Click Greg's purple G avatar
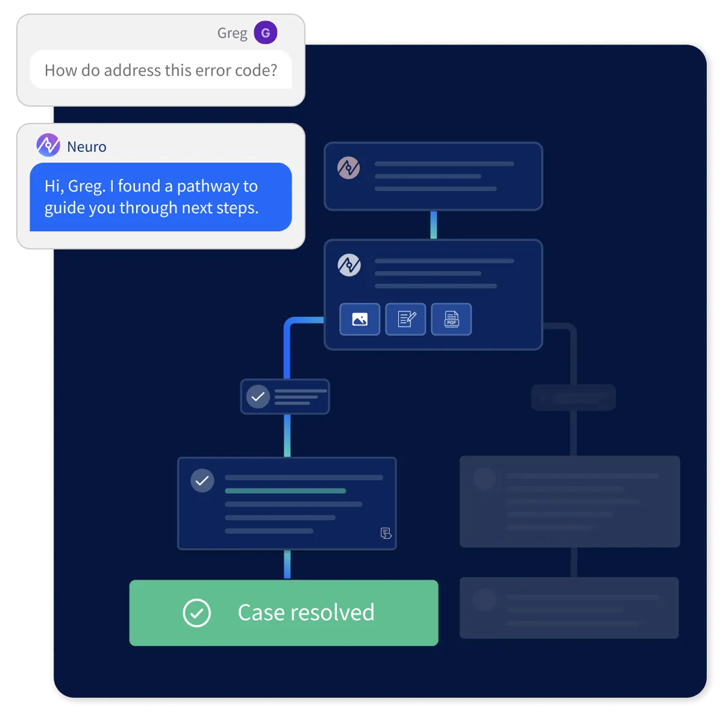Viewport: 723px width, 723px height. coord(265,33)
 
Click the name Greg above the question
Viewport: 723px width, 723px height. coord(232,33)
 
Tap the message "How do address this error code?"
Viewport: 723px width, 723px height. coord(161,70)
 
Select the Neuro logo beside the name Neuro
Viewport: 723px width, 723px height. coord(48,145)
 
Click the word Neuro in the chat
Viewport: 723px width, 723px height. coord(87,146)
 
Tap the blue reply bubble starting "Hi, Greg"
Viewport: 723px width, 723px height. coord(160,197)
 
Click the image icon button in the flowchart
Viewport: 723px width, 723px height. coord(360,319)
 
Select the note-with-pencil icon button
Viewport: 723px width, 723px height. coord(405,319)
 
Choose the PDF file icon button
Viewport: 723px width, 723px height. coord(451,319)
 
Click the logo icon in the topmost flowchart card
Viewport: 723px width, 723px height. coord(348,167)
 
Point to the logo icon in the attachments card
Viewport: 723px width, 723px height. coord(349,264)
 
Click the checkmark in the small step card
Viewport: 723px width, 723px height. coord(258,397)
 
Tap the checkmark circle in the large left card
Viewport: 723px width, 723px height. coord(202,481)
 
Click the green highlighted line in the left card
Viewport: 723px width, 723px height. coord(285,491)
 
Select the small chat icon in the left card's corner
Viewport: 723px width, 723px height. coord(386,533)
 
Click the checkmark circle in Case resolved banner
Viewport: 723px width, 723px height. coord(196,613)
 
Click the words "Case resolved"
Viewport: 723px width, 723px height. coord(306,613)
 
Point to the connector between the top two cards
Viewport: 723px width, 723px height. coord(433,225)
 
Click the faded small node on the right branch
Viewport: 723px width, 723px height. coord(573,398)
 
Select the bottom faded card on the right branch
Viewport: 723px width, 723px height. coord(569,607)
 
